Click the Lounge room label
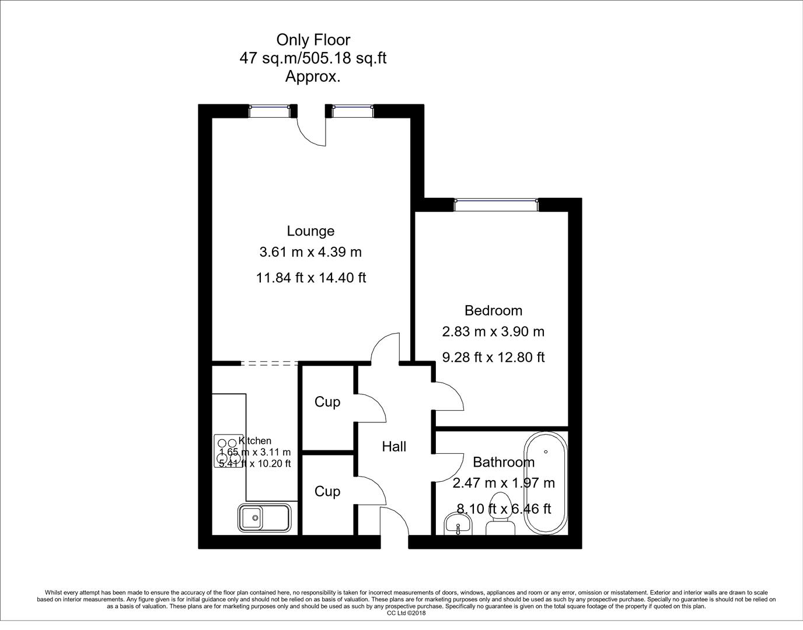pyautogui.click(x=310, y=231)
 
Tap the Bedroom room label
pyautogui.click(x=493, y=310)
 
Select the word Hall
pyautogui.click(x=394, y=447)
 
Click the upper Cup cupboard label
pyautogui.click(x=327, y=402)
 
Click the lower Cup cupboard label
pyautogui.click(x=327, y=492)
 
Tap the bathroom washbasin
pyautogui.click(x=458, y=523)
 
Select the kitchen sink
pyautogui.click(x=264, y=517)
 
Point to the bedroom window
pyautogui.click(x=496, y=204)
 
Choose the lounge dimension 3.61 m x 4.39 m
pyautogui.click(x=310, y=252)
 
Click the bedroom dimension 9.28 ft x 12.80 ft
pyautogui.click(x=493, y=357)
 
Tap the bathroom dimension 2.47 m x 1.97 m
pyautogui.click(x=504, y=483)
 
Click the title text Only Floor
pyautogui.click(x=313, y=40)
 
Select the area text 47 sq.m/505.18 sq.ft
pyautogui.click(x=313, y=58)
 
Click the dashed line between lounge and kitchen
pyautogui.click(x=269, y=363)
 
